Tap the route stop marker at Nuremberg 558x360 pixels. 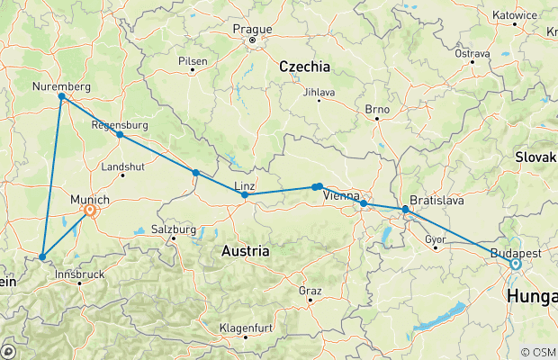tap(61, 96)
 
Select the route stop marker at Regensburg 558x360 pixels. tap(120, 135)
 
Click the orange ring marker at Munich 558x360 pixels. tap(90, 211)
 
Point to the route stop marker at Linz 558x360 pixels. tap(245, 194)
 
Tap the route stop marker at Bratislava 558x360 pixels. tap(405, 210)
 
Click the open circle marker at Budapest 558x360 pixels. tap(516, 265)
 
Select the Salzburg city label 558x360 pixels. tap(174, 229)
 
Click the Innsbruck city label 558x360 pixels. tap(79, 273)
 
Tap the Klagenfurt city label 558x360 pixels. tap(246, 327)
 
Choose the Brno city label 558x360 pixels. tap(376, 109)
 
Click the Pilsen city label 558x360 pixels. tap(193, 61)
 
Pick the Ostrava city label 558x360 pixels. tap(472, 54)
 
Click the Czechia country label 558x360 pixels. tap(304, 67)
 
